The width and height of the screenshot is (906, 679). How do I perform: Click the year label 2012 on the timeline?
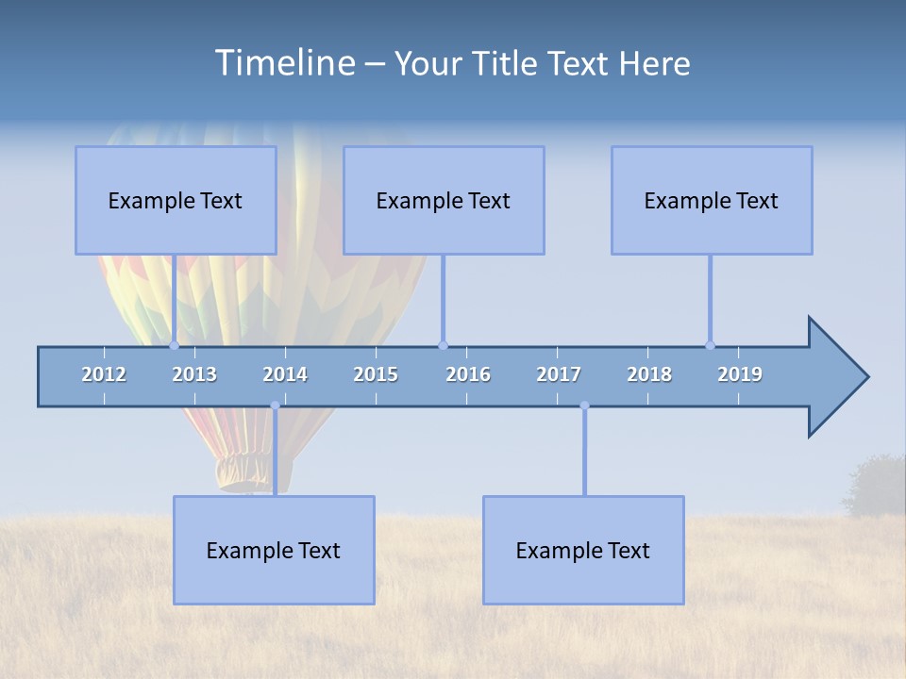[x=104, y=374]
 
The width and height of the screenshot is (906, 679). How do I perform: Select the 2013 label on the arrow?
[x=194, y=374]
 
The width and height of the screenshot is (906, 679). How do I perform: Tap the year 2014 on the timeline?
[x=285, y=374]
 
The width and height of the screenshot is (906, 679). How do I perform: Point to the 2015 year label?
[x=376, y=374]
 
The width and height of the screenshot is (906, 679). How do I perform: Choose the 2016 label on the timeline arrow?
[x=468, y=374]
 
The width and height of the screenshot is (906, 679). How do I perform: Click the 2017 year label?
[x=559, y=374]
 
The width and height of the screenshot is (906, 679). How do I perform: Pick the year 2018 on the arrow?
[x=649, y=374]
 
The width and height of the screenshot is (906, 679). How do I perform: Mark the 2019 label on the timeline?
[x=740, y=374]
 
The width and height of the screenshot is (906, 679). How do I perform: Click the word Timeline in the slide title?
[x=283, y=63]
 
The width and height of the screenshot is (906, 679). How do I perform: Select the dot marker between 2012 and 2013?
[x=174, y=345]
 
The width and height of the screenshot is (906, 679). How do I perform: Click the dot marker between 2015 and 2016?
[x=443, y=345]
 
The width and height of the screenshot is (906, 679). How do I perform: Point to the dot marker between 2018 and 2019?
[x=710, y=345]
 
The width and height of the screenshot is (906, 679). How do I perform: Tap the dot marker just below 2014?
[x=275, y=406]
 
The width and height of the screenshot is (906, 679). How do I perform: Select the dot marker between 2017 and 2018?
[x=584, y=406]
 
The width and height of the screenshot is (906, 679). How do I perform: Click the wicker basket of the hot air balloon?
[x=232, y=472]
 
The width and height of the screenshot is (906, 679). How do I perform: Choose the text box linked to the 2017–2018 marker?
[x=583, y=550]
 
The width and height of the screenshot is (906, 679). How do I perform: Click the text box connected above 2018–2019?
[x=712, y=200]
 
